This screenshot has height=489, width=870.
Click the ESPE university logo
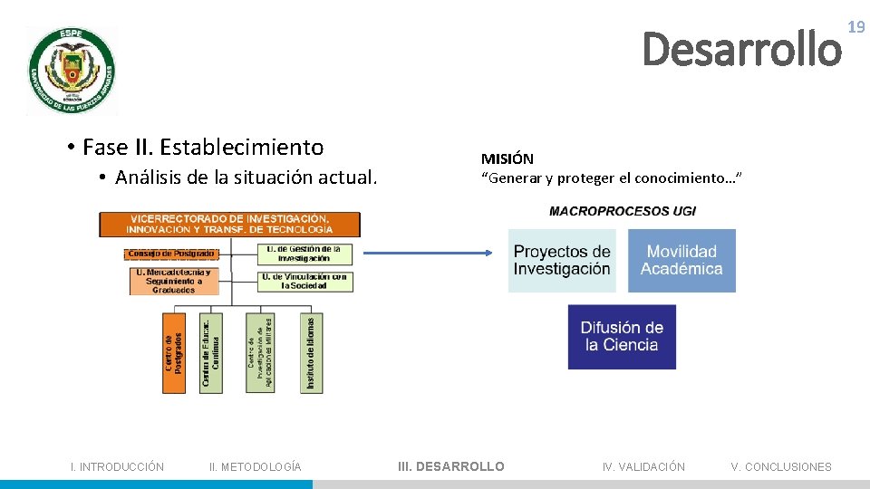72,71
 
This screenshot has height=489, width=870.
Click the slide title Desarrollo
741,50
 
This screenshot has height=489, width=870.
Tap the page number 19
856,28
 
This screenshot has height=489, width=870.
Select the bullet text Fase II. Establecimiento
202,147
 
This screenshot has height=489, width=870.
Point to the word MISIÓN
507,159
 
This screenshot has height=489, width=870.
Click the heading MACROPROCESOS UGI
623,212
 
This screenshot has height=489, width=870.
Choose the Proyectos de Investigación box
562,261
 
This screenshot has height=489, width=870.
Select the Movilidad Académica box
681,261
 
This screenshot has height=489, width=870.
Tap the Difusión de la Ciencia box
622,337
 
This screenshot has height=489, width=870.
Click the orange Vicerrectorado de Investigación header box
229,224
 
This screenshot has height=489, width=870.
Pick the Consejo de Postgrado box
171,254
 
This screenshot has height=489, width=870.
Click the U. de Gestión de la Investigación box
304,254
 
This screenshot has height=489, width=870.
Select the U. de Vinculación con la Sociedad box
304,282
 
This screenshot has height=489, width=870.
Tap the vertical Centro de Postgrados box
173,353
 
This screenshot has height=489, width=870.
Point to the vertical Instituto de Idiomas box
310,353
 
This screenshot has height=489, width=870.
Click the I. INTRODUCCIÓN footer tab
118,467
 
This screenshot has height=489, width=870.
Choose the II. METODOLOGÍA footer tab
256,467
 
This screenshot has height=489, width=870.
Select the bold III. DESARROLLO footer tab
451,467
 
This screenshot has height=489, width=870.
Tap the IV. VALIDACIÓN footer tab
643,467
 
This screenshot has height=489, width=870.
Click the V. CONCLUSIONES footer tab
781,467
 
